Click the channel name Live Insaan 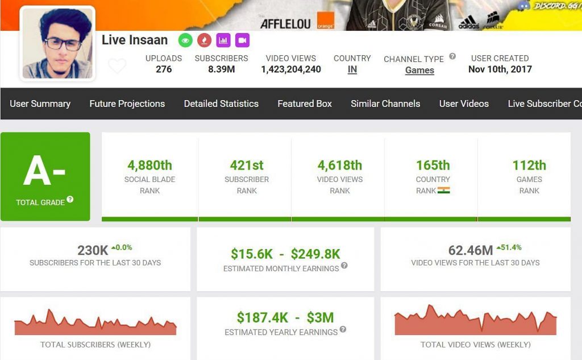click(135, 40)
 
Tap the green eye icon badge click(185, 40)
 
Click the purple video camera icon click(242, 40)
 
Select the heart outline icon click(117, 67)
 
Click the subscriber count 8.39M click(221, 69)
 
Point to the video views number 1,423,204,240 click(291, 69)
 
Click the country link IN click(352, 70)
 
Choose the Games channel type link click(419, 71)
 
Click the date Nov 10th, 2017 click(500, 69)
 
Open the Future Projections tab click(127, 104)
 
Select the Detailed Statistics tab click(221, 104)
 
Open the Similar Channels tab click(385, 104)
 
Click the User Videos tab click(464, 104)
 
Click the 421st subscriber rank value click(247, 165)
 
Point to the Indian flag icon click(444, 191)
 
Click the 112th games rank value click(529, 165)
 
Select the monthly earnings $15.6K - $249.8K click(285, 254)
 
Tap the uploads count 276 click(164, 69)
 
